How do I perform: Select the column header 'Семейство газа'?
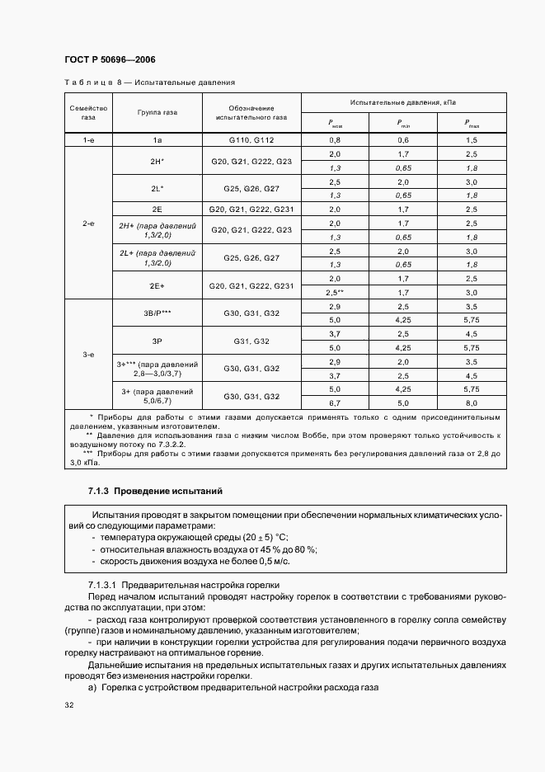(x=88, y=113)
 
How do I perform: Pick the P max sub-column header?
(x=471, y=125)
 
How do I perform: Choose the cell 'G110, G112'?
(x=251, y=140)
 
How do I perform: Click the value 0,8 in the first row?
(x=335, y=140)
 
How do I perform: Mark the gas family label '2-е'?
(x=88, y=223)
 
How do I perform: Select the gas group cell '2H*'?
(x=157, y=161)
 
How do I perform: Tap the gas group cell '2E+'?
(x=157, y=285)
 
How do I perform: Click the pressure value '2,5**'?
(x=335, y=293)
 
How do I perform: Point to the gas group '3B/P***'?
(x=157, y=313)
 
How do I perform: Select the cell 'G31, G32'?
(x=251, y=341)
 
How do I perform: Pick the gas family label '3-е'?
(x=88, y=355)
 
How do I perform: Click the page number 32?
(x=69, y=705)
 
